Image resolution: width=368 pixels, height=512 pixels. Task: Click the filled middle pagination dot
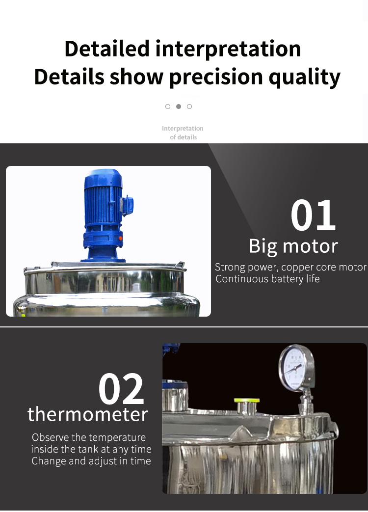(179, 107)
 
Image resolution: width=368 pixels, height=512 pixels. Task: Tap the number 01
(313, 216)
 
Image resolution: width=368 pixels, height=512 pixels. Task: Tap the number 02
(121, 389)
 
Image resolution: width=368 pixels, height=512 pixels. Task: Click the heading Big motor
(293, 246)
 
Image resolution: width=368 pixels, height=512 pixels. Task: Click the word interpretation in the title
(228, 49)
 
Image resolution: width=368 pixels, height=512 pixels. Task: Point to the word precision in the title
(216, 78)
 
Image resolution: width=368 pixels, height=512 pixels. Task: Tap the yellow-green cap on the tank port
(247, 401)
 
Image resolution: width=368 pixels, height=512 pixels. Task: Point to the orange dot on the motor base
(120, 239)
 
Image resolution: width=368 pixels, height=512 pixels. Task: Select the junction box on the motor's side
(127, 204)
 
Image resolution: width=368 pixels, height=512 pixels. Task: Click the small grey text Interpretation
(183, 128)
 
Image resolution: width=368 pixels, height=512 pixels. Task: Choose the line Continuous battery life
(267, 279)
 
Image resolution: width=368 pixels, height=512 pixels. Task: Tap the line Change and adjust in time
(91, 461)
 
